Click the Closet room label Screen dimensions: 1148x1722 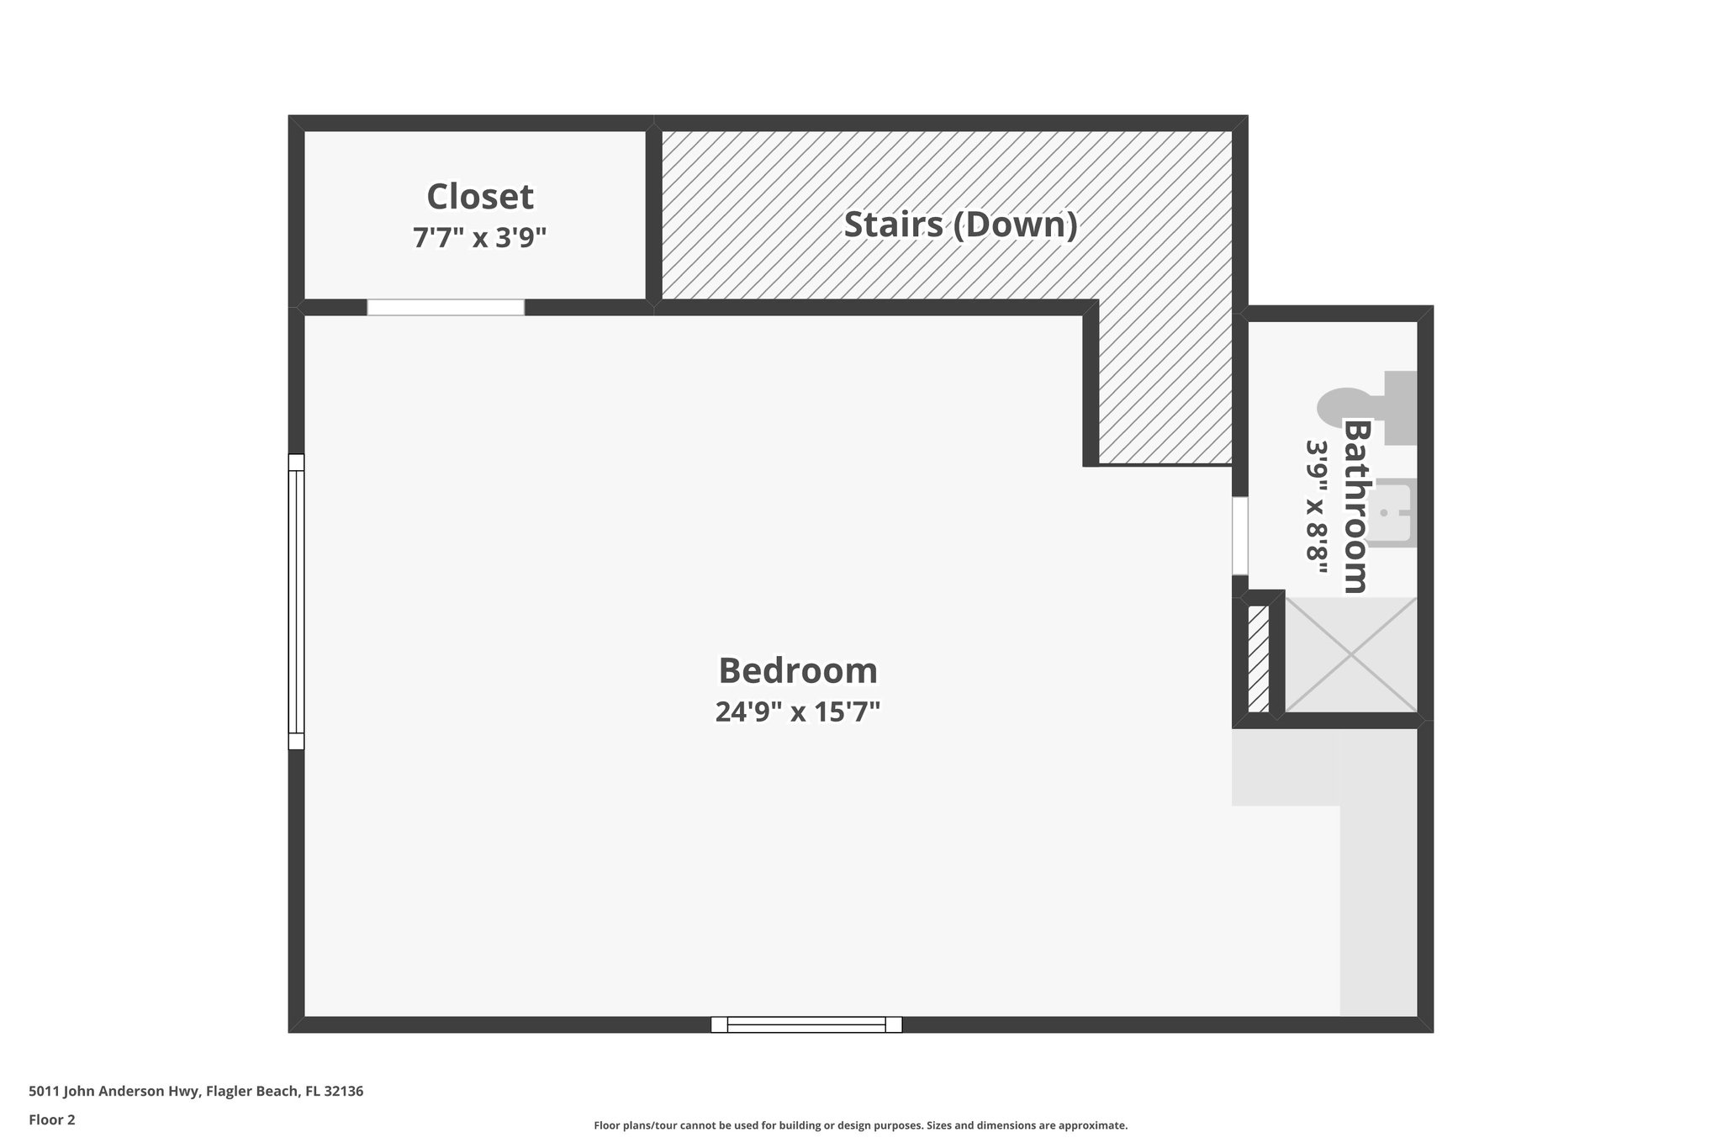point(479,197)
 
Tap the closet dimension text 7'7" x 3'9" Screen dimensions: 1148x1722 point(479,238)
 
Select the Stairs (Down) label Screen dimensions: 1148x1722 point(960,225)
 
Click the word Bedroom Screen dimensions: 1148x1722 point(797,670)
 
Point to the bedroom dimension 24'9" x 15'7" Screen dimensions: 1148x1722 point(797,712)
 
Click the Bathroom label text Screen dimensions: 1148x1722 point(1355,506)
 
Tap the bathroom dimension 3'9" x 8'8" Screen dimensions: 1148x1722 point(1317,506)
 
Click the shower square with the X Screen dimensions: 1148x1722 point(1350,654)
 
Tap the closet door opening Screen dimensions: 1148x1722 point(446,307)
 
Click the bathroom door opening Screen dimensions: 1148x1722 point(1239,536)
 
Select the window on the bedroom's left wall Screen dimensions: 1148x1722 point(296,601)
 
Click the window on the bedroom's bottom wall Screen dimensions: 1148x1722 point(806,1024)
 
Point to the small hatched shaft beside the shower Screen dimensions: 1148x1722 point(1258,658)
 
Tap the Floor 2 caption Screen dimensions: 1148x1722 point(52,1119)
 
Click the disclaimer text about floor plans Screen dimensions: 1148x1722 point(860,1125)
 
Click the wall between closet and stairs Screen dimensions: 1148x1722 point(653,214)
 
